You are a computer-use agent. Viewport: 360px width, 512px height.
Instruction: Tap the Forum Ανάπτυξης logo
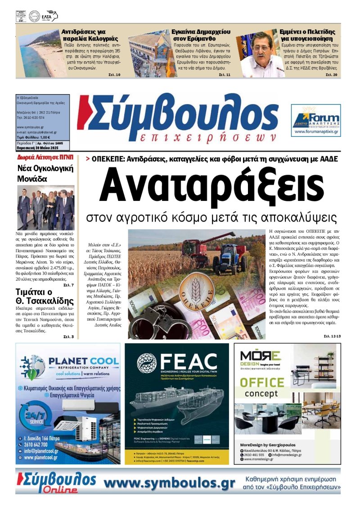click(315, 120)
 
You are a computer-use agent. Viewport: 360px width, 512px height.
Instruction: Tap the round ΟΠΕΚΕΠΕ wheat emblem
click(194, 291)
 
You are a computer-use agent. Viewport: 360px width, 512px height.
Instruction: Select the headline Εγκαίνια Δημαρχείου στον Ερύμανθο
click(201, 36)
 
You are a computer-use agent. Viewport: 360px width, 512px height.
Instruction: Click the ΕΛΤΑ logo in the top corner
click(49, 17)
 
